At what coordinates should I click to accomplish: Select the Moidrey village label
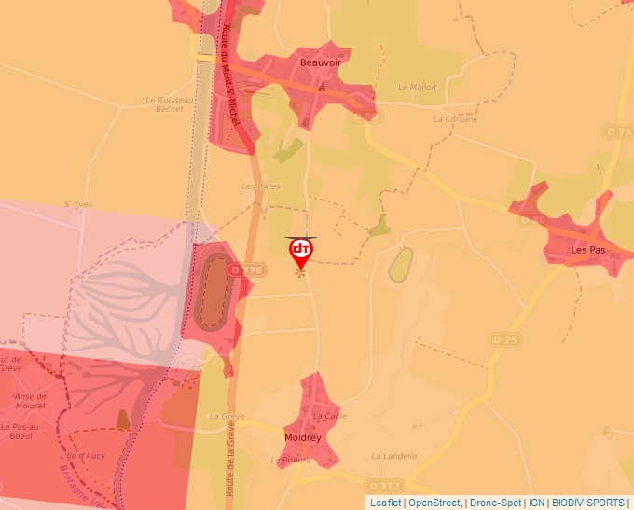(x=304, y=435)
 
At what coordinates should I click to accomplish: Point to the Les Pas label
(x=588, y=250)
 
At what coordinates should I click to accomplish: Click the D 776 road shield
(x=247, y=269)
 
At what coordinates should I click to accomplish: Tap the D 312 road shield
(x=383, y=486)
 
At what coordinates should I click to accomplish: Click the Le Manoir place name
(x=417, y=87)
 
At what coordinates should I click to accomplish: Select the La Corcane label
(x=455, y=119)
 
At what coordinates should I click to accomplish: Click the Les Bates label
(x=261, y=186)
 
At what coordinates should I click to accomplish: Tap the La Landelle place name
(x=393, y=456)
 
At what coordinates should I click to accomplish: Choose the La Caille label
(x=329, y=416)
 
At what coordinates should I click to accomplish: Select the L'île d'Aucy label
(x=87, y=455)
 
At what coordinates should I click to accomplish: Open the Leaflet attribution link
(x=385, y=503)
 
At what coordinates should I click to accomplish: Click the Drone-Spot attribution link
(x=495, y=503)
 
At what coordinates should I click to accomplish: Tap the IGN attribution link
(x=536, y=503)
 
